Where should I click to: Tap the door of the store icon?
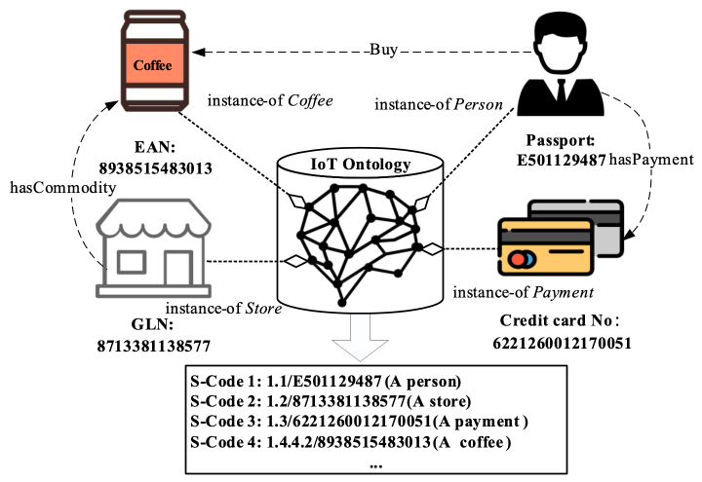(178, 269)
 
